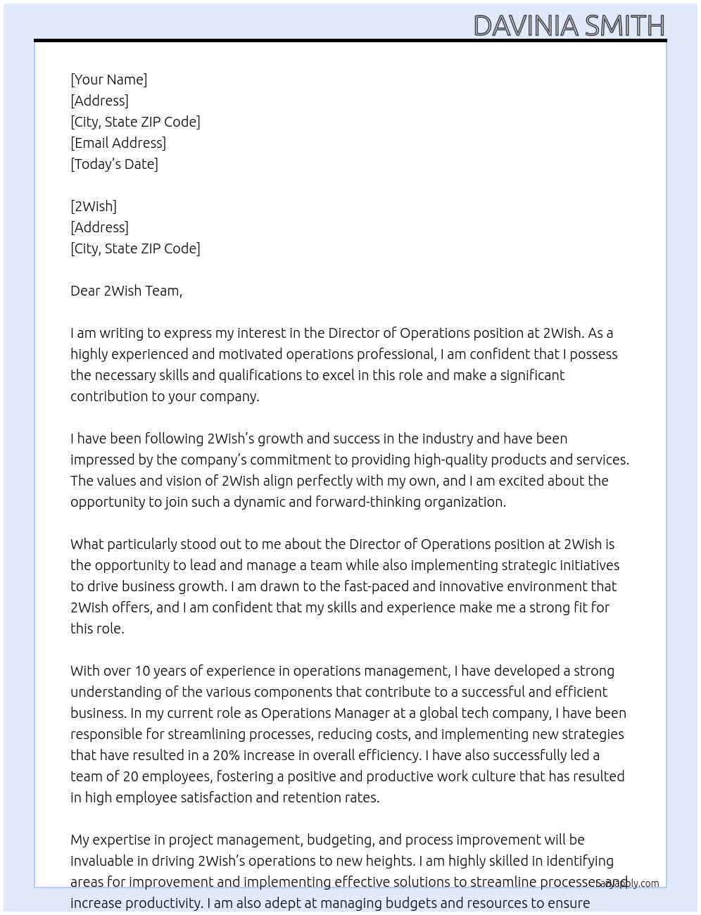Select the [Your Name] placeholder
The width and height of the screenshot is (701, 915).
click(x=108, y=80)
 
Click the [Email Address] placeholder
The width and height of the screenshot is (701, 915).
click(x=118, y=143)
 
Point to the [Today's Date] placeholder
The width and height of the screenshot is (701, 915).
click(x=114, y=164)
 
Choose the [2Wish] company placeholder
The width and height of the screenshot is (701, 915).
click(x=94, y=206)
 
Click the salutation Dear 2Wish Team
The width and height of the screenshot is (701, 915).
click(x=126, y=291)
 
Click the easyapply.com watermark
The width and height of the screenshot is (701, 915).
click(x=628, y=883)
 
